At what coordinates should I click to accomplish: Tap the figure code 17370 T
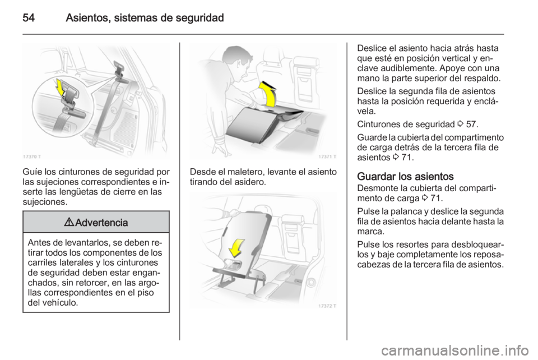[33, 155]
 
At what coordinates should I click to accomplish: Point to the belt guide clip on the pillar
[119, 68]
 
